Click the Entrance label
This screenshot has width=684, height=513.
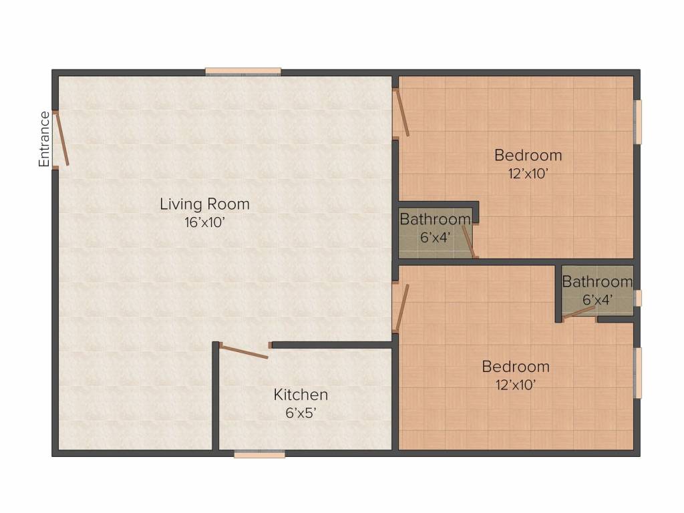click(44, 139)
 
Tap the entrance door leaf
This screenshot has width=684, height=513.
click(61, 139)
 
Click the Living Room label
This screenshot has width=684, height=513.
click(204, 204)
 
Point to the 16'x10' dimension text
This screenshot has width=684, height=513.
click(204, 222)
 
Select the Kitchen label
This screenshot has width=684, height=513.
click(301, 395)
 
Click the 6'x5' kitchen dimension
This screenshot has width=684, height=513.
click(301, 413)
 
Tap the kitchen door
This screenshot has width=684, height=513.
click(244, 351)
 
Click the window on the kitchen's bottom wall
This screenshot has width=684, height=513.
click(260, 454)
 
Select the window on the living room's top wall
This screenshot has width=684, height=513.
click(243, 71)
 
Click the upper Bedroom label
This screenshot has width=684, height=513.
click(528, 155)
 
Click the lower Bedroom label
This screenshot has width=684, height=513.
click(516, 367)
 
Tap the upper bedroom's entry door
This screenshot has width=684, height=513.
click(401, 114)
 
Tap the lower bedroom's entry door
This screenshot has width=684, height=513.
click(401, 307)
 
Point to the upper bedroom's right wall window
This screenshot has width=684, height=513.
click(638, 122)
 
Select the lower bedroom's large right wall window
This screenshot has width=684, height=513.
click(638, 372)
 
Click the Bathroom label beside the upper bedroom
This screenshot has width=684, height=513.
click(435, 219)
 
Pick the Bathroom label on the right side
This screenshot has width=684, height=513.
click(597, 282)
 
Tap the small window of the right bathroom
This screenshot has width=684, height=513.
click(638, 298)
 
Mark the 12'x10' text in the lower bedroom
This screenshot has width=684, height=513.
click(515, 385)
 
